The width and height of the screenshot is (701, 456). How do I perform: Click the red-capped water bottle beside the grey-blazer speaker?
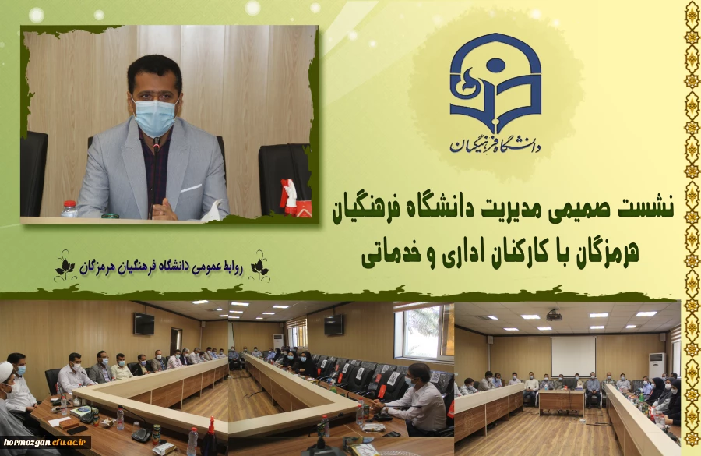[69, 208]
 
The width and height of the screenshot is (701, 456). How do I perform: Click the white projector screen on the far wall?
[572, 355]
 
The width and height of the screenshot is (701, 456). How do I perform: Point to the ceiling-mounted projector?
[554, 315]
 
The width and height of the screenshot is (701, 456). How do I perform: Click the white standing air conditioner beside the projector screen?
[657, 366]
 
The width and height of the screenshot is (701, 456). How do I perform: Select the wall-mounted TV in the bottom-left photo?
[143, 324]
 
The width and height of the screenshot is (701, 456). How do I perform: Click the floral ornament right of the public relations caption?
[259, 267]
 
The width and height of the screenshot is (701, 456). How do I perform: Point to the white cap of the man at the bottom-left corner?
[6, 370]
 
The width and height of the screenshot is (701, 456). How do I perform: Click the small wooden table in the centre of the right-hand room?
[562, 401]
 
